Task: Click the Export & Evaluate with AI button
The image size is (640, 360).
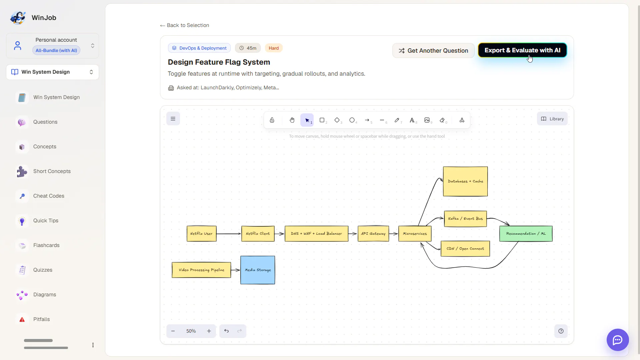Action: [522, 50]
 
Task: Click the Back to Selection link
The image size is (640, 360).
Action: [185, 25]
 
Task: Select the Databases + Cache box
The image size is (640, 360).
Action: [465, 181]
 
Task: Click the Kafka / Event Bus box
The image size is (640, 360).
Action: [465, 219]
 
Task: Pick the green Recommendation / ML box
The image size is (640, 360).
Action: [526, 234]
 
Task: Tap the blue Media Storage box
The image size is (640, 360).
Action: [258, 270]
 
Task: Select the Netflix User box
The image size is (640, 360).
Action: [201, 234]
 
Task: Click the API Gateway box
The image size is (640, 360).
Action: [373, 234]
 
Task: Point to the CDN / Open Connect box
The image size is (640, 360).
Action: [465, 249]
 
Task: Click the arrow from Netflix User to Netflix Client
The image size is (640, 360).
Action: [229, 234]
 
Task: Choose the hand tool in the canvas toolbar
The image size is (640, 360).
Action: [292, 120]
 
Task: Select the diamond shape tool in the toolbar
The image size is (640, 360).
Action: [337, 120]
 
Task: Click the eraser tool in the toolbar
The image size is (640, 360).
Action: [442, 120]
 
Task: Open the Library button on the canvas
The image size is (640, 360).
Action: [552, 119]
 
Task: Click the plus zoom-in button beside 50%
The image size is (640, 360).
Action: [209, 331]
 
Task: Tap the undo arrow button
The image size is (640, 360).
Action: [226, 331]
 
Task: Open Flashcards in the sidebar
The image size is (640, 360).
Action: [46, 245]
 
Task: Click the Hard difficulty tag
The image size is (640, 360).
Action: [274, 48]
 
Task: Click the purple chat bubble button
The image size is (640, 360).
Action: [618, 340]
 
